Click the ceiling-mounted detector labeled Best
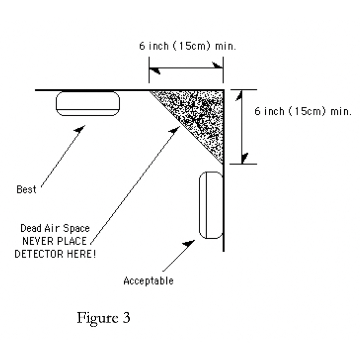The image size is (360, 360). (x=87, y=104)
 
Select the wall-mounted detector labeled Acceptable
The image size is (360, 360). (x=211, y=205)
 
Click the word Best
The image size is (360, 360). (x=26, y=190)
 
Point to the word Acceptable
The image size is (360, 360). (x=148, y=281)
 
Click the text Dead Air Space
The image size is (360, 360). (x=55, y=228)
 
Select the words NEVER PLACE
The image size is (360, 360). (x=55, y=241)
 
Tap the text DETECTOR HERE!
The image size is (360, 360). (x=55, y=254)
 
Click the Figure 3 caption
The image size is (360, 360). (x=104, y=318)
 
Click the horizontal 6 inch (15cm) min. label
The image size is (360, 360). (x=187, y=46)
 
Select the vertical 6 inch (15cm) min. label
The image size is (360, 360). (x=303, y=111)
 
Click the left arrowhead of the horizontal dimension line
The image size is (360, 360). (x=154, y=70)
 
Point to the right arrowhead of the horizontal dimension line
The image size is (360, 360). (x=217, y=65)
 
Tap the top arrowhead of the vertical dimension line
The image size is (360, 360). (x=239, y=95)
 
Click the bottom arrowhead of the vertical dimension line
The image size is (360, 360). (x=245, y=158)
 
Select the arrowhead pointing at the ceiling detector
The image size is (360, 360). (x=80, y=129)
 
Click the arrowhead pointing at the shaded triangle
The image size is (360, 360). (x=175, y=130)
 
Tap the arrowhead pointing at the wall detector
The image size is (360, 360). (x=189, y=243)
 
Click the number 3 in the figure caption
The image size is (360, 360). (x=127, y=318)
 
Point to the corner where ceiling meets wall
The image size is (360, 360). (x=224, y=90)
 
